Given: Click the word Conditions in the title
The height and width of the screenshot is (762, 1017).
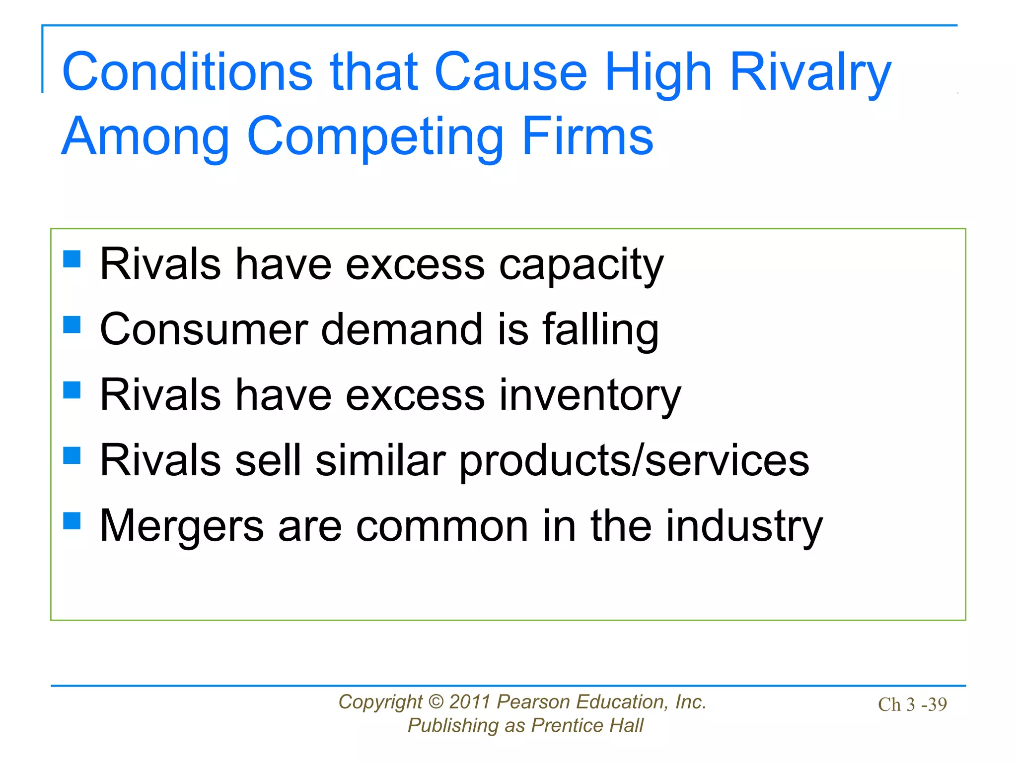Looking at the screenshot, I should pyautogui.click(x=187, y=72).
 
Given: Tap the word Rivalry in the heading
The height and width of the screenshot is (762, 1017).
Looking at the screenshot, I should pyautogui.click(x=810, y=72).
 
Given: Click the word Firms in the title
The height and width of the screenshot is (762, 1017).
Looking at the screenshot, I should pyautogui.click(x=587, y=136).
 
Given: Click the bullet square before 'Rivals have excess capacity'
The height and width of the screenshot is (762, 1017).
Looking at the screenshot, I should pyautogui.click(x=72, y=259).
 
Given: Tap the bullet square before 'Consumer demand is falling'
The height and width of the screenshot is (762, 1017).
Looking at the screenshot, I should pyautogui.click(x=72, y=325).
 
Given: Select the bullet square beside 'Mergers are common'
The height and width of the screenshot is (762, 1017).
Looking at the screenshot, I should pyautogui.click(x=72, y=521).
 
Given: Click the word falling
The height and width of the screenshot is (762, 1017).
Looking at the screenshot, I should pyautogui.click(x=600, y=330).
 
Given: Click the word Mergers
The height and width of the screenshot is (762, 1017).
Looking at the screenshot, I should pyautogui.click(x=182, y=527).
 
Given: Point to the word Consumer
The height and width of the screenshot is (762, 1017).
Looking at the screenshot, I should pyautogui.click(x=204, y=330).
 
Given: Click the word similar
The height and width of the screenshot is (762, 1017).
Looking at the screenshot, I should pyautogui.click(x=380, y=460).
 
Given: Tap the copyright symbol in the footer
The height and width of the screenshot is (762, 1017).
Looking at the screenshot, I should pyautogui.click(x=436, y=702).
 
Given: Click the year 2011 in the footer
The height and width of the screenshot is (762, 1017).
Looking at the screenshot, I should pyautogui.click(x=470, y=702).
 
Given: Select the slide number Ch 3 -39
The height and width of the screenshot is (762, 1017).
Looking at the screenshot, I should pyautogui.click(x=912, y=704).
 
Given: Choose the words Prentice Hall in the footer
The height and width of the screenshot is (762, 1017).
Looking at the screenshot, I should pyautogui.click(x=587, y=726).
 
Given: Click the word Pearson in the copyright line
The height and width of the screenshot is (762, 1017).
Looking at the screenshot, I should pyautogui.click(x=533, y=702).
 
